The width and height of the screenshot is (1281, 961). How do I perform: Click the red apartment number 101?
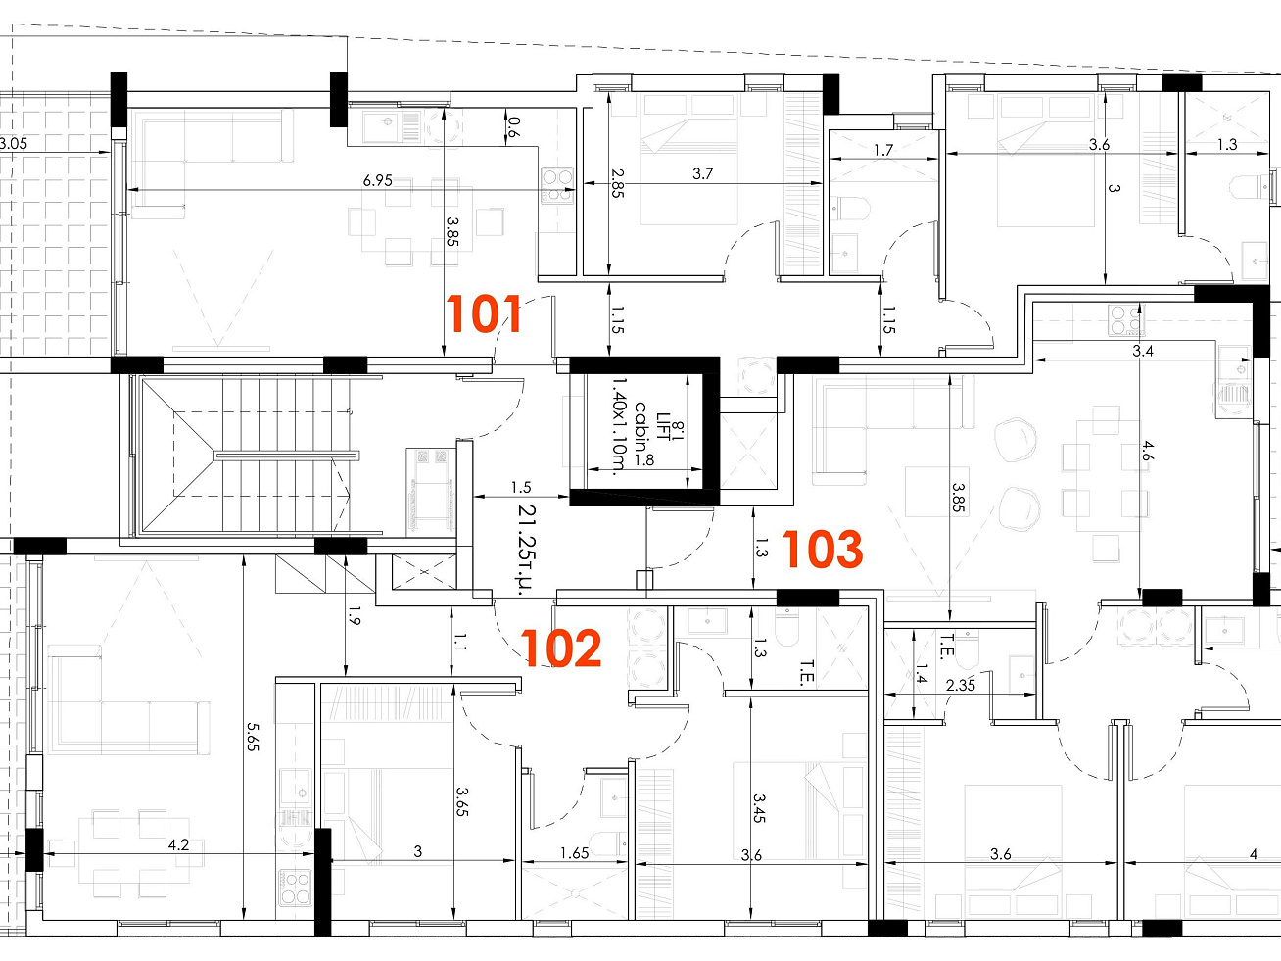483,313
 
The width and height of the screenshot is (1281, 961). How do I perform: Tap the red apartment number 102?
561,648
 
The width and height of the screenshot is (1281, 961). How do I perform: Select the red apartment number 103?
823,549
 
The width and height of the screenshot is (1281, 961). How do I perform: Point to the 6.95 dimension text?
378,180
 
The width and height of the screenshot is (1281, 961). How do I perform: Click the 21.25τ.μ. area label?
527,550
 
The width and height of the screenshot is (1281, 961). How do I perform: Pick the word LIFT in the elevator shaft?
664,426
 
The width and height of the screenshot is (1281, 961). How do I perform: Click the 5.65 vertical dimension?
253,737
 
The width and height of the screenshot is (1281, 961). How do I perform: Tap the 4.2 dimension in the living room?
178,844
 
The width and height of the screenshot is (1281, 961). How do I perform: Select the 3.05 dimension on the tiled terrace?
13,143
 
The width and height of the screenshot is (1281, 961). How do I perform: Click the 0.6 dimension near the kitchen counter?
513,127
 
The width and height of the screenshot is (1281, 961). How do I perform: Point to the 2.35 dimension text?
961,685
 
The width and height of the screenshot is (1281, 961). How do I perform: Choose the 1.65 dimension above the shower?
574,853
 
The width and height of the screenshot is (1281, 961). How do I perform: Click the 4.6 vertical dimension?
1148,451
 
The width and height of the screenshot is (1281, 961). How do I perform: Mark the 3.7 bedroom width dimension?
702,173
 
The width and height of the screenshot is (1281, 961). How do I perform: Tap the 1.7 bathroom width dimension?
883,150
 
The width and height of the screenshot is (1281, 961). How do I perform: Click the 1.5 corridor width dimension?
521,487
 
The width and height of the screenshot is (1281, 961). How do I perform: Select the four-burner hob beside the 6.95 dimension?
557,185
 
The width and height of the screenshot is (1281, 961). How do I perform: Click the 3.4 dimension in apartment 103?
1143,351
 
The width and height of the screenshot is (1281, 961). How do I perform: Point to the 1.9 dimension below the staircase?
355,615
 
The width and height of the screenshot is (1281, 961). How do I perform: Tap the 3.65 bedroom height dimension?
462,801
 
